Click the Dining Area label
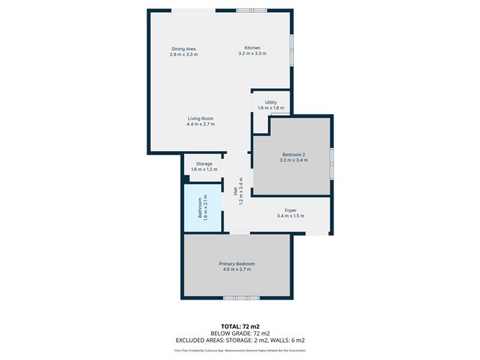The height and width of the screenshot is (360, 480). [x=183, y=48]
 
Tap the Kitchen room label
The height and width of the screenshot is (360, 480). [x=252, y=48]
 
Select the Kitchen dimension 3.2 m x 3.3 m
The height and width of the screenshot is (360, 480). [x=252, y=54]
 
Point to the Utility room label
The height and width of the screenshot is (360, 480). [x=270, y=103]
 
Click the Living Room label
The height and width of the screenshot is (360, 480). [x=200, y=119]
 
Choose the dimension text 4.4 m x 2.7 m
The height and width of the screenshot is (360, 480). [x=200, y=124]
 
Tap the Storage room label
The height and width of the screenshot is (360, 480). [x=203, y=164]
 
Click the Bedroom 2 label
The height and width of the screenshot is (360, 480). [x=293, y=155]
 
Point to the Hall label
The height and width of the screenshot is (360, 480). [x=235, y=190]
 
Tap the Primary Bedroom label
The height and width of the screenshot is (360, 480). [x=236, y=264]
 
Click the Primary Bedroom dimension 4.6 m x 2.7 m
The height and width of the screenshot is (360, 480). [x=236, y=269]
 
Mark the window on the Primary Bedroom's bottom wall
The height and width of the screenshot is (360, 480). [x=240, y=298]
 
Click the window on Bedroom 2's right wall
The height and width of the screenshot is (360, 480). [x=331, y=164]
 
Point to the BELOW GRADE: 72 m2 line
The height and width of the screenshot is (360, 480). [x=239, y=333]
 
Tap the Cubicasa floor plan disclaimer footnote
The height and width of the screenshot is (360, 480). [x=239, y=350]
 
